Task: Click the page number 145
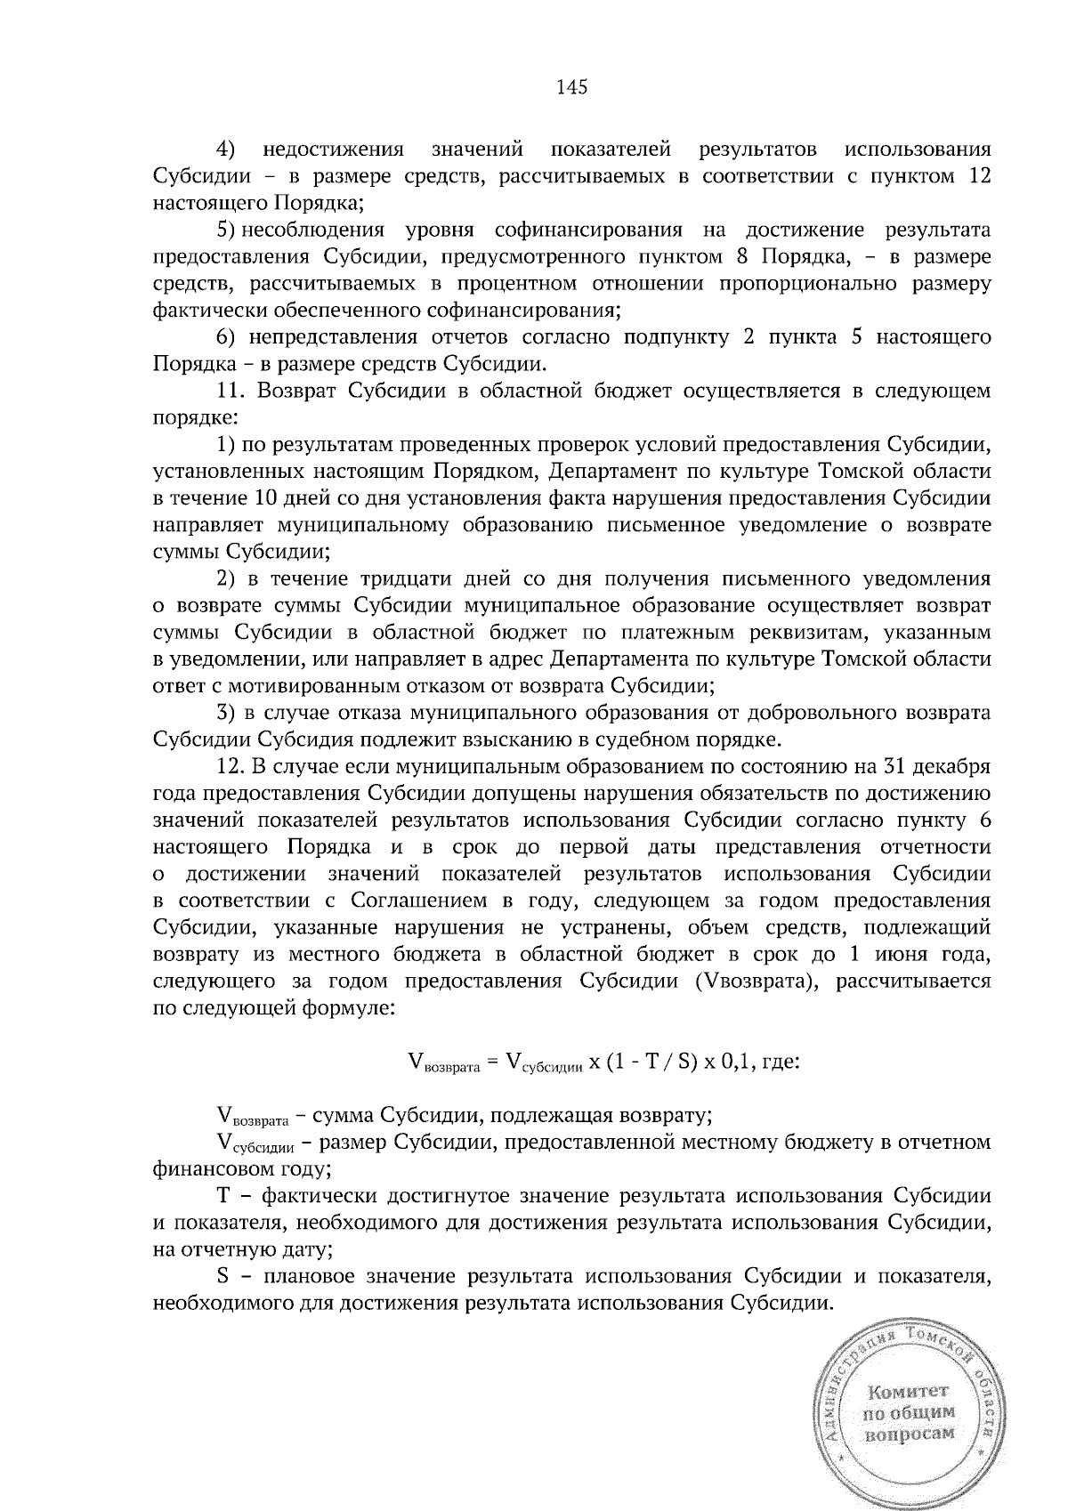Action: pos(572,87)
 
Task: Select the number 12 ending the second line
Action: pos(979,175)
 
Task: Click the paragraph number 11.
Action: pos(231,391)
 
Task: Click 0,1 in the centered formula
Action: pos(726,1061)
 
